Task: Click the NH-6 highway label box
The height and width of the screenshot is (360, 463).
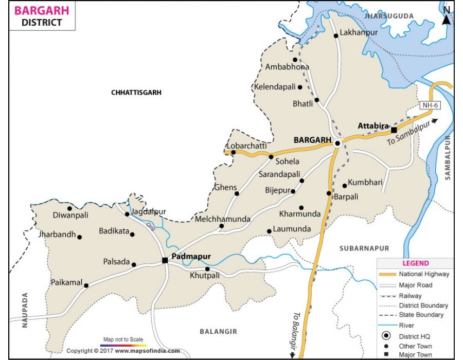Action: tap(430, 105)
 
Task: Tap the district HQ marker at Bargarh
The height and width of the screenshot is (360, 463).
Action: tap(337, 143)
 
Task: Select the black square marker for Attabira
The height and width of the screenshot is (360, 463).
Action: tap(394, 130)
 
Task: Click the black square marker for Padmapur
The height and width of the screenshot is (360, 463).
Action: tap(165, 261)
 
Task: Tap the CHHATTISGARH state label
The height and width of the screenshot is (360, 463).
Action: tap(136, 93)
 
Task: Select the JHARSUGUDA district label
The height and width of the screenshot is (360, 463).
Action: tap(389, 16)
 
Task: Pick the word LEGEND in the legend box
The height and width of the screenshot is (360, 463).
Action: tap(415, 263)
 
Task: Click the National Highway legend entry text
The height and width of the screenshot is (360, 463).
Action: tap(424, 274)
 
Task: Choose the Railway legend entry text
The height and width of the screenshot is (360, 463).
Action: tap(410, 296)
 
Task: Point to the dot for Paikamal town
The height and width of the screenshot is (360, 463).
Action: tap(86, 285)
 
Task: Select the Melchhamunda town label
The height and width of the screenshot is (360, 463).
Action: tap(223, 219)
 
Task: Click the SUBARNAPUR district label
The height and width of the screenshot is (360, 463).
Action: tap(364, 248)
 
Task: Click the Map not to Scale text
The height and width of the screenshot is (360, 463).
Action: tap(123, 339)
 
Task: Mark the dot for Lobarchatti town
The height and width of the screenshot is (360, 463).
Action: tap(233, 152)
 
